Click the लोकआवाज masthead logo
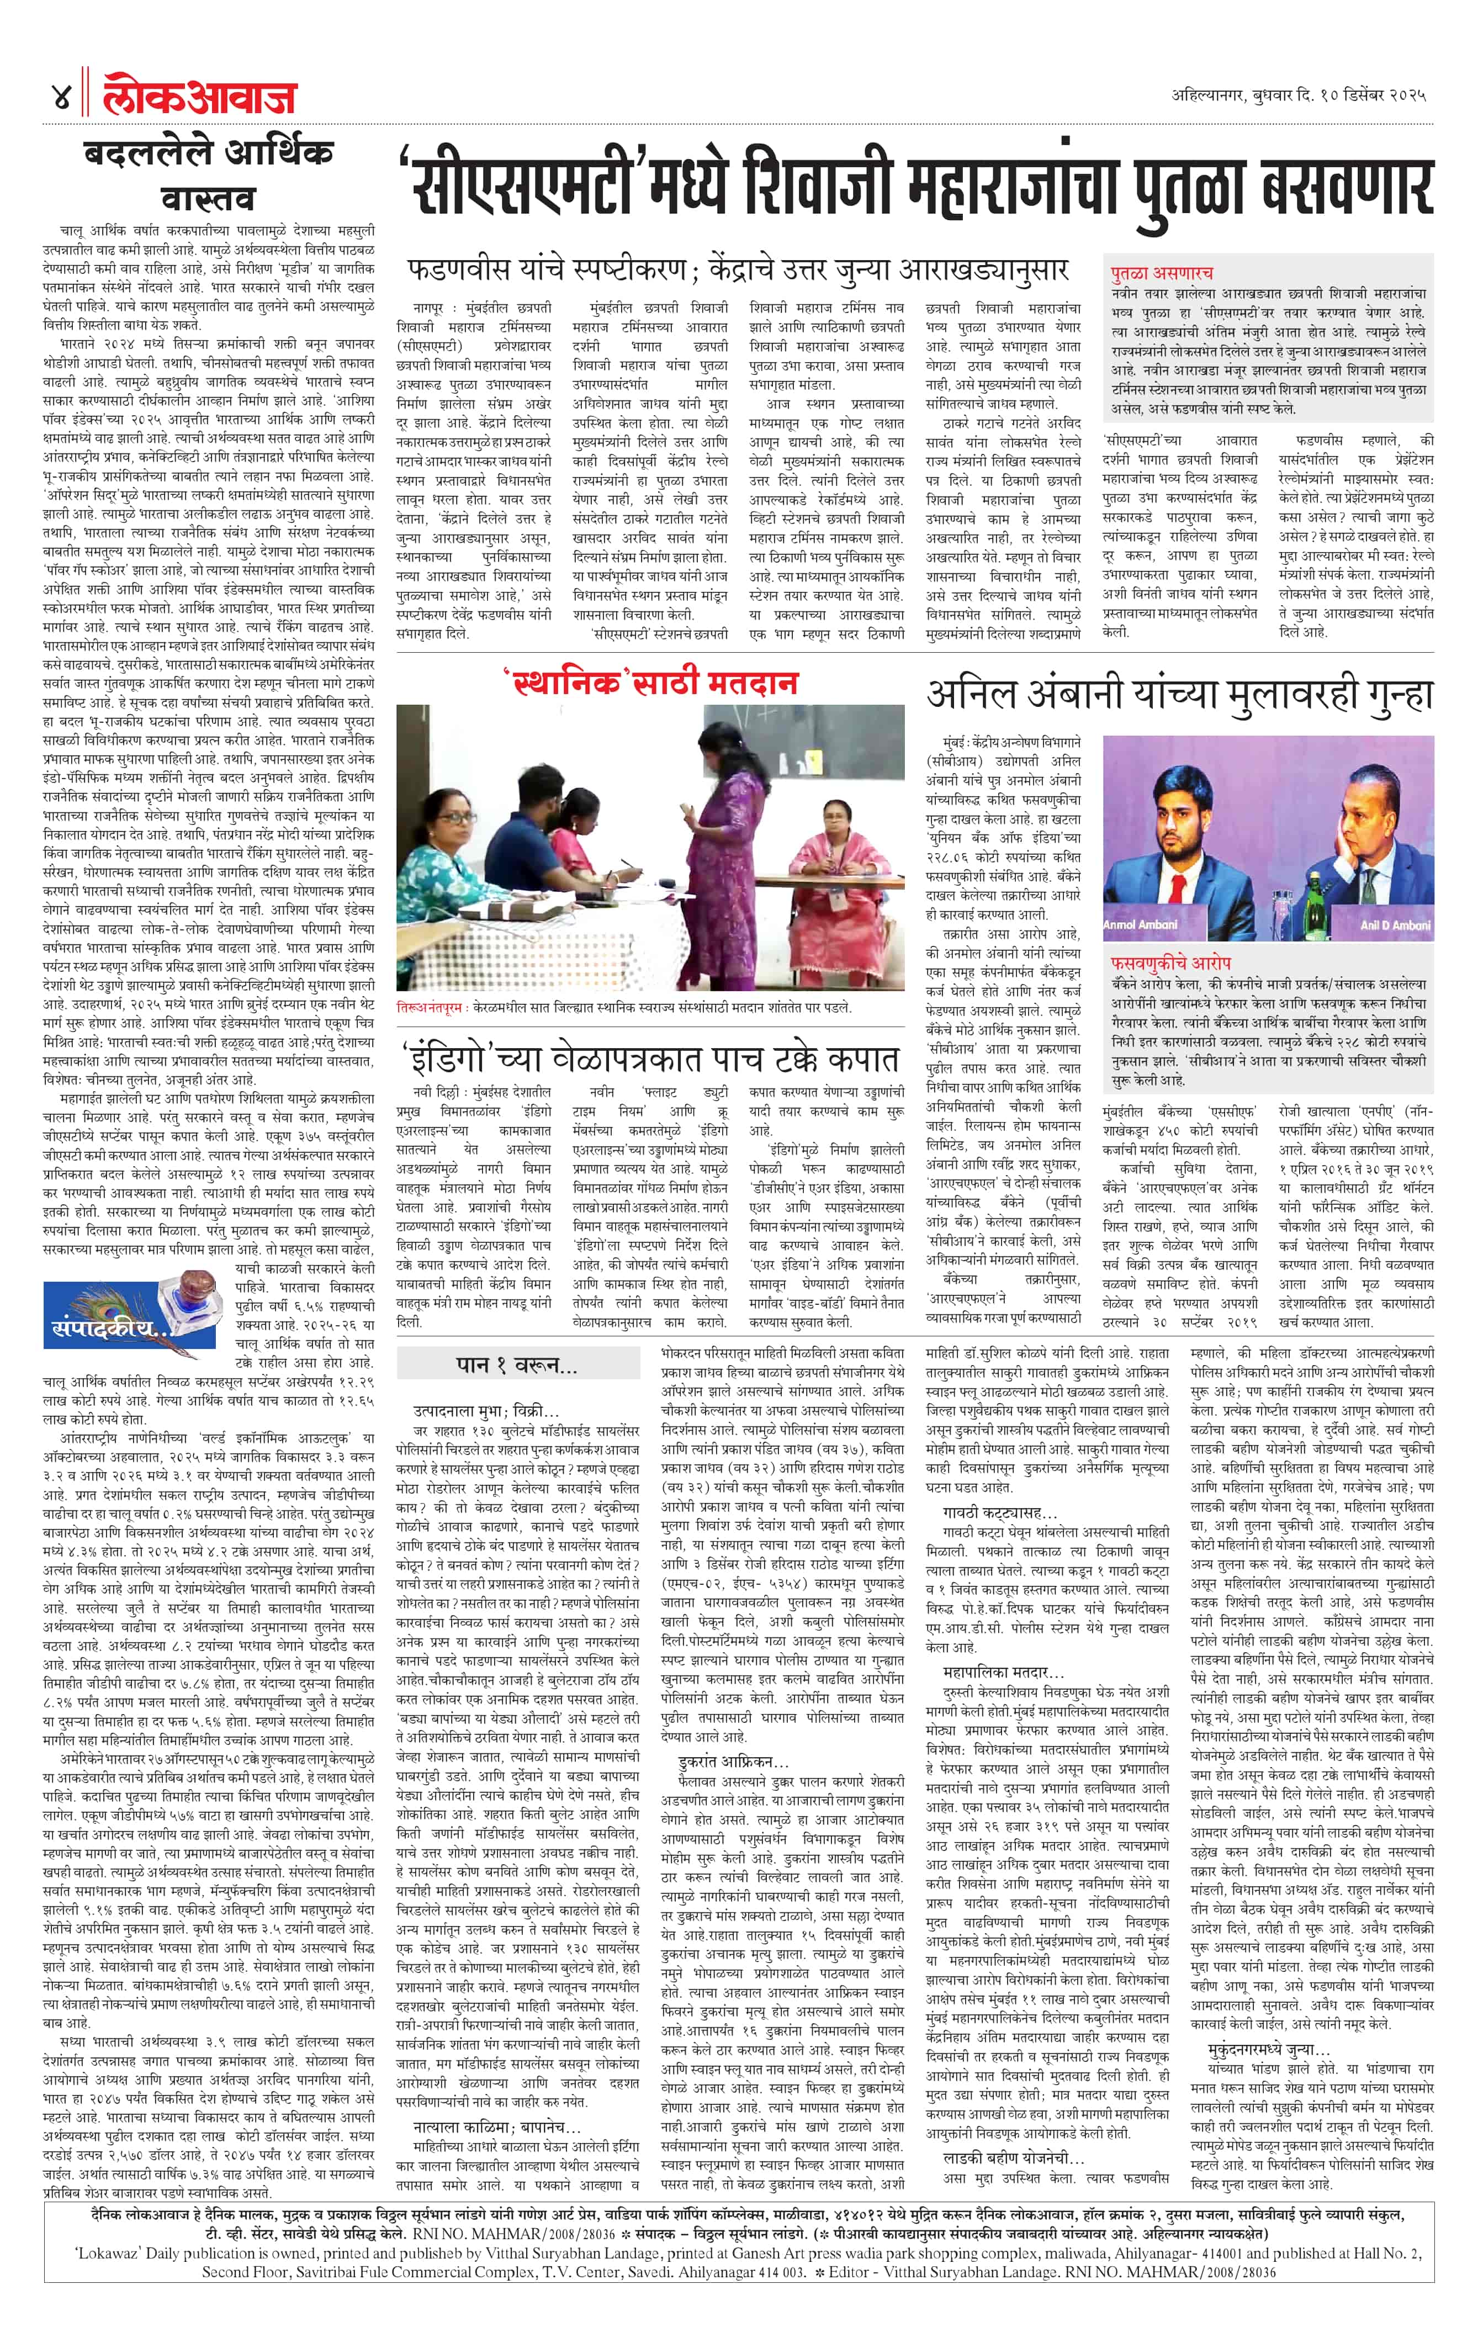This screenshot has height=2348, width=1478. (x=200, y=98)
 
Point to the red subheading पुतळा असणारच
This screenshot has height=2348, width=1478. (x=1160, y=273)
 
